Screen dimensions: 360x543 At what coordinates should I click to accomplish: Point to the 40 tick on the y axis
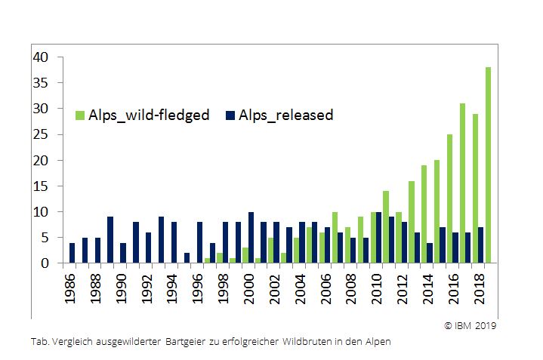click(x=41, y=57)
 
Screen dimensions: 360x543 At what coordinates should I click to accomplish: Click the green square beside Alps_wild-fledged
click(x=79, y=115)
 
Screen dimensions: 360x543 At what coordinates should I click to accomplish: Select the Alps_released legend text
click(x=285, y=115)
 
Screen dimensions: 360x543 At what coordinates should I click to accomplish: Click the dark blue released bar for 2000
click(x=251, y=238)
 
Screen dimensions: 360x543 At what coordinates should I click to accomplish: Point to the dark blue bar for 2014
click(x=428, y=253)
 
